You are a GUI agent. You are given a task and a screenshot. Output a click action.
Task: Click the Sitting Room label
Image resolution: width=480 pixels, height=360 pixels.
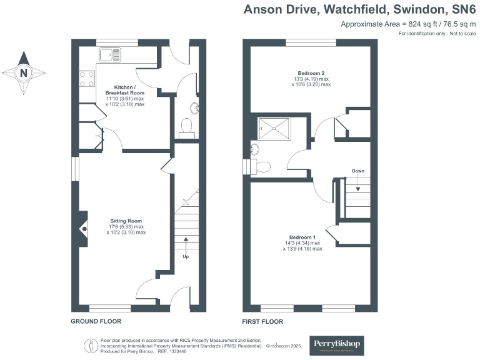pyautogui.click(x=127, y=221)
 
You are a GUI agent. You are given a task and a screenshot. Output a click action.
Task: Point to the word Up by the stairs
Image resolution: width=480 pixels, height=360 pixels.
pyautogui.click(x=186, y=256)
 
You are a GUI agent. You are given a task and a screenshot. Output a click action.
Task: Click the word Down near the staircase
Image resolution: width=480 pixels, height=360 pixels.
pyautogui.click(x=358, y=171)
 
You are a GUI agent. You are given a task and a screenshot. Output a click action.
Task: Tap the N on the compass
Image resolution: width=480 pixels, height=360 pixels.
pyautogui.click(x=24, y=72)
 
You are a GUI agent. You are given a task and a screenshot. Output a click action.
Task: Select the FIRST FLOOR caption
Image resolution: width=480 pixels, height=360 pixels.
pyautogui.click(x=262, y=321)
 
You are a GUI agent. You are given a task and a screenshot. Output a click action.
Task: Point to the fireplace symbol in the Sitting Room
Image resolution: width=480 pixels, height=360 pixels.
pyautogui.click(x=83, y=228)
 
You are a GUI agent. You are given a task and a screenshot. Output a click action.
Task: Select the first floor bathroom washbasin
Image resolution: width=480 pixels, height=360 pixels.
pyautogui.click(x=254, y=149)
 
